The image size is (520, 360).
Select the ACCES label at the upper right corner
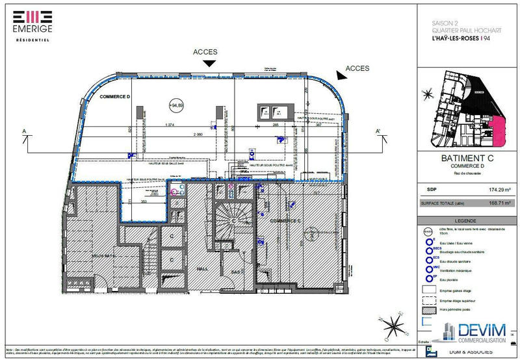click(357, 68)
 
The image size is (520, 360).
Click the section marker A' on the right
click(377, 131)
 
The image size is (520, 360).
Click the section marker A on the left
click(24, 131)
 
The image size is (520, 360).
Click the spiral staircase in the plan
click(228, 218)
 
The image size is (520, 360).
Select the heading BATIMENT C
click(466, 158)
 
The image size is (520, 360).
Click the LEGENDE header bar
click(466, 221)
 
